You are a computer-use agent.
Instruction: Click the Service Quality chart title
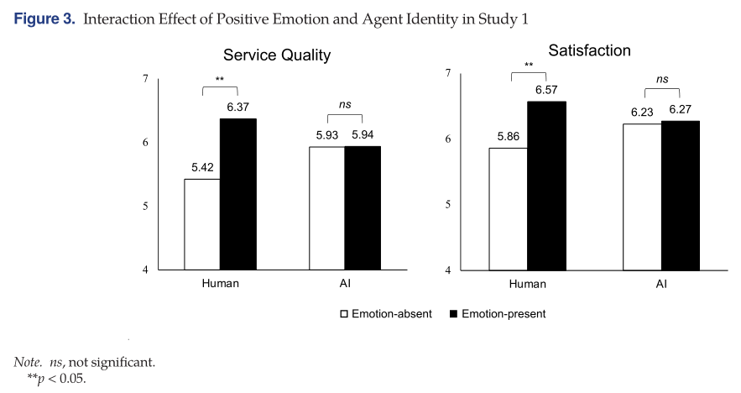[x=276, y=55]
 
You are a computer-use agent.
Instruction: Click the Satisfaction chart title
[x=589, y=50]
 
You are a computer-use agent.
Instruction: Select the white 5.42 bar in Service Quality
[x=201, y=224]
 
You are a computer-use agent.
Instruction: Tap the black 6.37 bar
[x=238, y=194]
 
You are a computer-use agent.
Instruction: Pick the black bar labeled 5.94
[x=363, y=208]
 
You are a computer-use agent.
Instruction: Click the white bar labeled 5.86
[x=508, y=209]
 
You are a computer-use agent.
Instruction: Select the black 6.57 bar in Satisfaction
[x=546, y=186]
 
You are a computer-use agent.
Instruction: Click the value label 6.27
[x=680, y=110]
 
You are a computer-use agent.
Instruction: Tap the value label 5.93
[x=326, y=135]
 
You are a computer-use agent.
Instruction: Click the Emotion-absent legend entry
[x=385, y=314]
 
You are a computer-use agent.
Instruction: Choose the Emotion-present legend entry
[x=498, y=314]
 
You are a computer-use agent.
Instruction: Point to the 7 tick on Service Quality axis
[x=145, y=79]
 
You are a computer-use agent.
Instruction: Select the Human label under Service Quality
[x=221, y=283]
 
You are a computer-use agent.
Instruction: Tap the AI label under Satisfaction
[x=661, y=284]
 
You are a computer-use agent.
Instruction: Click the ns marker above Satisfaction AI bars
[x=662, y=80]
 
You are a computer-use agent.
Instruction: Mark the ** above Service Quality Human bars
[x=220, y=80]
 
